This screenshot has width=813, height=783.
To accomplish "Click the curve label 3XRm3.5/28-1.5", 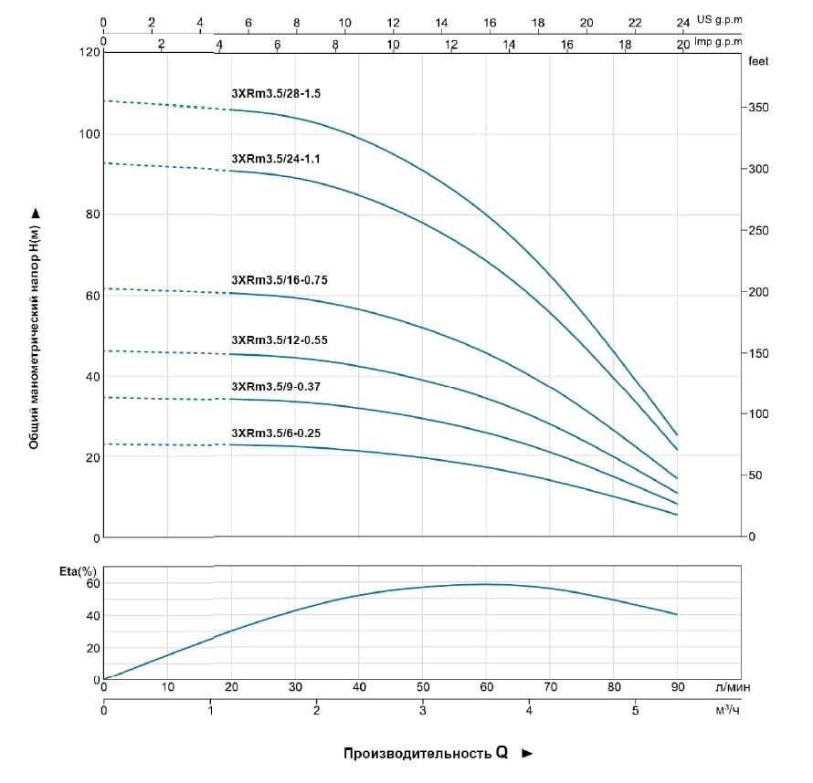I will click(275, 94).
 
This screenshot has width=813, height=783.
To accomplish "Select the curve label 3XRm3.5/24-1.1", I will click(275, 158).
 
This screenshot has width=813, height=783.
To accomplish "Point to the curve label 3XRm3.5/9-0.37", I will click(275, 386).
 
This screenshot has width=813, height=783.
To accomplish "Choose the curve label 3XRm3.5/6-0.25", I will click(275, 433).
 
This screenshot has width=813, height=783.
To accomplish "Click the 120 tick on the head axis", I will click(89, 53).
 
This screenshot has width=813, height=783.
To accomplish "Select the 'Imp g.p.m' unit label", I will click(717, 42).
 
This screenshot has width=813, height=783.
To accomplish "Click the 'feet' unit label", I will click(757, 62).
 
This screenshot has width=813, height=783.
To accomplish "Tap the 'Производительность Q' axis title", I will click(425, 754).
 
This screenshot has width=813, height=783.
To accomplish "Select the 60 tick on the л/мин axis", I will click(487, 686).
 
